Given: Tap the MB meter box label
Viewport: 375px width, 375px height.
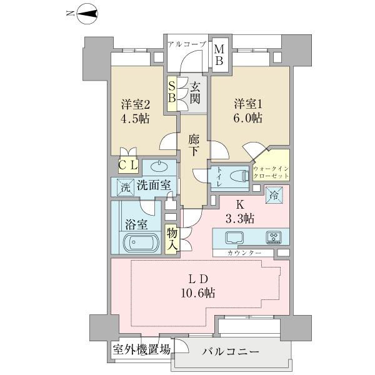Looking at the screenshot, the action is click(x=219, y=55).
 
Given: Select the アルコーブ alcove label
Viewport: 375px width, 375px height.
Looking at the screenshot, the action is click(x=187, y=44).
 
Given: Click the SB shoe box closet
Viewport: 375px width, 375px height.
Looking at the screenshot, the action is click(x=172, y=94).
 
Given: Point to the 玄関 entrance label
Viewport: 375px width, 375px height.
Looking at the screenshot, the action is click(x=195, y=94).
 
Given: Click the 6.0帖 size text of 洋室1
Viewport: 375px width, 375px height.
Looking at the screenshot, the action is click(x=247, y=118).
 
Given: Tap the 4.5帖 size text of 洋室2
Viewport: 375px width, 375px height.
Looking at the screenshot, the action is click(x=135, y=118).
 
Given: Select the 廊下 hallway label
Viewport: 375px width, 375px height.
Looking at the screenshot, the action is click(x=194, y=146).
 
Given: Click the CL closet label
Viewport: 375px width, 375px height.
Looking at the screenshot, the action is click(x=128, y=165).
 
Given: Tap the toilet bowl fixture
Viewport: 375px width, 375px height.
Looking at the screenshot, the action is click(x=239, y=176).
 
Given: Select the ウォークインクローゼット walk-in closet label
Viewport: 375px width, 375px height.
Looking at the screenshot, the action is click(x=271, y=172).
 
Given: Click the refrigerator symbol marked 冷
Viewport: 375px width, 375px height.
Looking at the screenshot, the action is click(x=274, y=195).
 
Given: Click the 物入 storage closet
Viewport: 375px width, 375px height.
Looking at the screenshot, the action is click(x=172, y=239).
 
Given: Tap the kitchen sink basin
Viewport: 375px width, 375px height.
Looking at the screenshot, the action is click(x=234, y=238).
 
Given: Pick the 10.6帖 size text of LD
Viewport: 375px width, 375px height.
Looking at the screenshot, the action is click(x=197, y=292).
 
